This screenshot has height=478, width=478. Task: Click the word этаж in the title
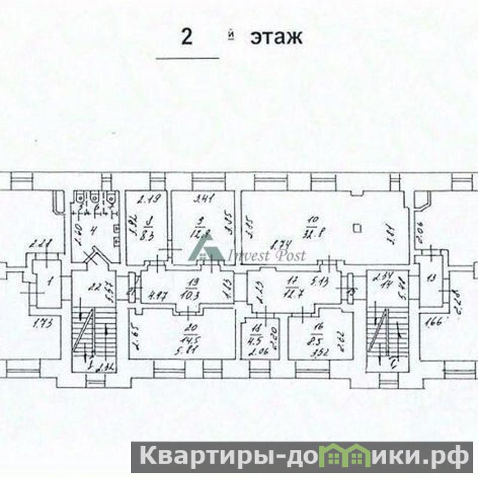pyautogui.click(x=276, y=38)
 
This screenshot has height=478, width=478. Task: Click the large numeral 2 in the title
pyautogui.click(x=188, y=37)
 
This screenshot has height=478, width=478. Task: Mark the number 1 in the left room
pyautogui.click(x=50, y=279)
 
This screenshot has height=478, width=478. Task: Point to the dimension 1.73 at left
pyautogui.click(x=41, y=323)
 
